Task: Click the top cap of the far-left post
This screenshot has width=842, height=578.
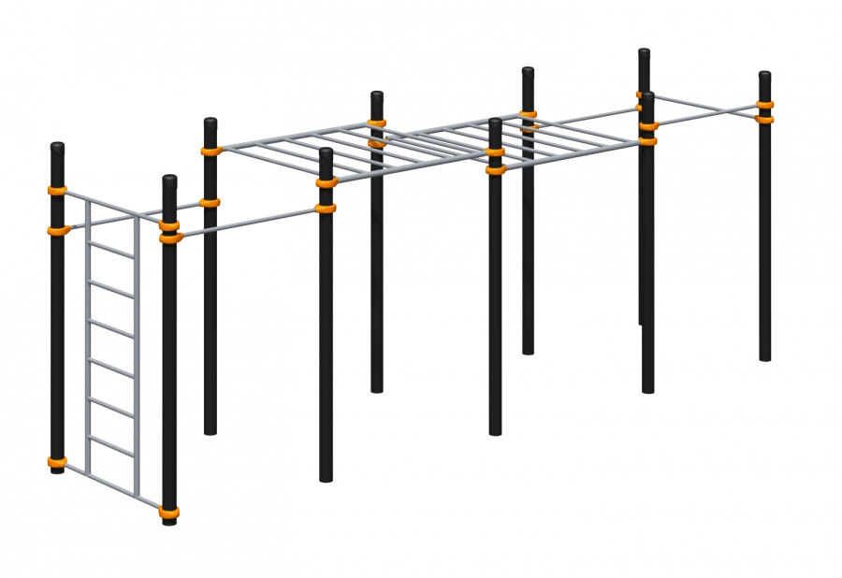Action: coord(58,146)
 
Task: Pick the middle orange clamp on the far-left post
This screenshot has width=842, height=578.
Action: coord(58,228)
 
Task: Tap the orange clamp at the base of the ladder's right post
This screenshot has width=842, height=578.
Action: coord(169,511)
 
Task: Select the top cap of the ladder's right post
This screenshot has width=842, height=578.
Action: coord(168,179)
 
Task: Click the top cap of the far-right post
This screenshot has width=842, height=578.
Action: coord(764,74)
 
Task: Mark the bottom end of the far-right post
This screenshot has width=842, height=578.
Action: coord(764,359)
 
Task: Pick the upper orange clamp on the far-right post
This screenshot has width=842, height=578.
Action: coord(764,106)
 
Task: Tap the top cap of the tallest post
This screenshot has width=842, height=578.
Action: coord(645,51)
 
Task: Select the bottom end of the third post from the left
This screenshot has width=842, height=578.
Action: coord(211,432)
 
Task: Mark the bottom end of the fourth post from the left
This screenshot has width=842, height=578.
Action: coord(325,480)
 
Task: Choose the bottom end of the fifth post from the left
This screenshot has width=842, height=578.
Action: coord(377,388)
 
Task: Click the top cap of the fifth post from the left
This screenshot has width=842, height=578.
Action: coord(377,95)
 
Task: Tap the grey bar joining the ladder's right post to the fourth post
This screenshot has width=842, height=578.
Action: coord(248,221)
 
